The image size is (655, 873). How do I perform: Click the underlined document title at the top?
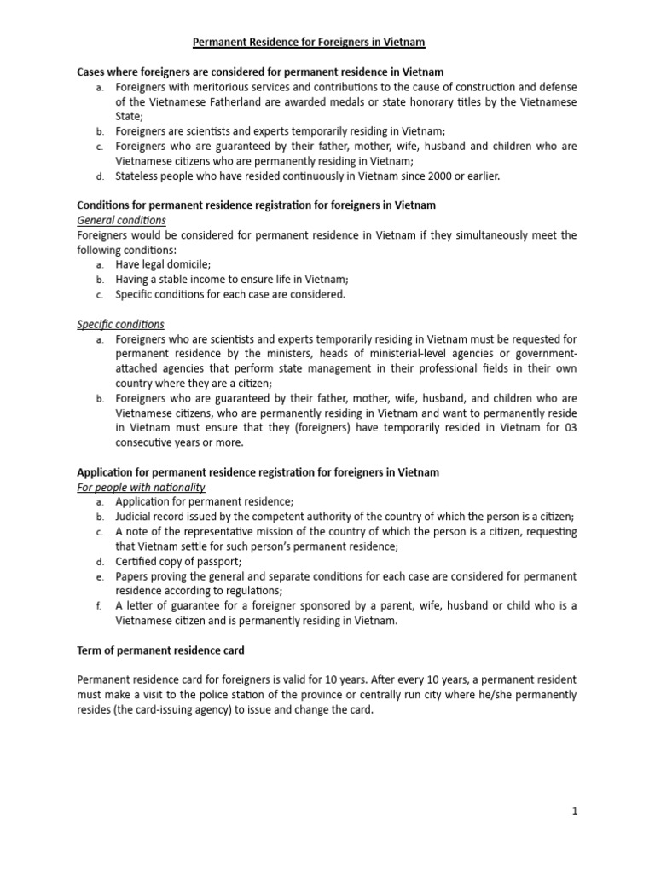[308, 42]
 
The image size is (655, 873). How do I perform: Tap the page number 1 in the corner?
[575, 812]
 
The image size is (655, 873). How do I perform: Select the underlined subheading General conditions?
[121, 220]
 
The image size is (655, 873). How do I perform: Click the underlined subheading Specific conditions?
[120, 324]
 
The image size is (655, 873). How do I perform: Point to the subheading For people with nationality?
[141, 487]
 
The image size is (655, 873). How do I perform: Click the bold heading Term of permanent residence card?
[160, 650]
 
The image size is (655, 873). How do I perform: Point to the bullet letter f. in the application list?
[99, 605]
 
